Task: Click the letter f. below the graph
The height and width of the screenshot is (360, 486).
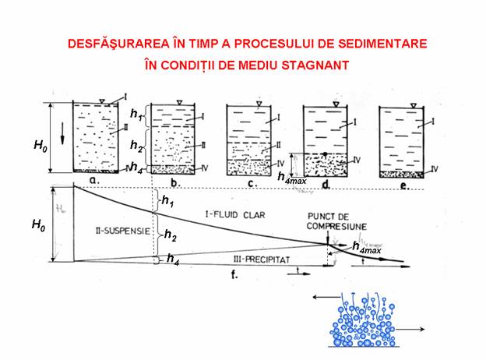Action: point(234,275)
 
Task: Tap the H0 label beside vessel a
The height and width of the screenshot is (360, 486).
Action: point(38,144)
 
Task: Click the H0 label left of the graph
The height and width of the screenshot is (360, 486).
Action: point(38,224)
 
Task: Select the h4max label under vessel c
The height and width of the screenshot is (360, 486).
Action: point(289,176)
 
